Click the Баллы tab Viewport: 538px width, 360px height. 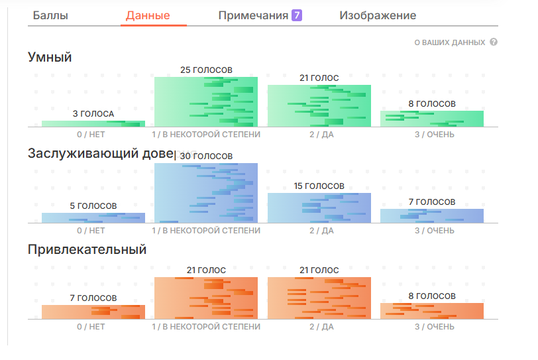click(x=50, y=15)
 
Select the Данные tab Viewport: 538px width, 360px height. click(x=148, y=15)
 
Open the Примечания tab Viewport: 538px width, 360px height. click(x=253, y=15)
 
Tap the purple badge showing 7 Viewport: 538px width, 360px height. click(x=297, y=15)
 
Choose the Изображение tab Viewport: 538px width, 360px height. click(x=378, y=15)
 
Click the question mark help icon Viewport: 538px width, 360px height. click(x=494, y=42)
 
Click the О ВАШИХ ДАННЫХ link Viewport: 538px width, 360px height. click(x=450, y=42)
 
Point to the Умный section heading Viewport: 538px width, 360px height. click(x=50, y=57)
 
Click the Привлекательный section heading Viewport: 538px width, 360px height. click(x=87, y=249)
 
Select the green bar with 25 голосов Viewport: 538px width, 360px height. click(x=206, y=102)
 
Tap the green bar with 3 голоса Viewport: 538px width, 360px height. click(x=93, y=124)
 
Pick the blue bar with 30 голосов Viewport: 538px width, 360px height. click(x=206, y=193)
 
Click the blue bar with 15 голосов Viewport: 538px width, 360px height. click(x=319, y=208)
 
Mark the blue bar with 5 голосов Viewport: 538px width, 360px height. click(x=93, y=218)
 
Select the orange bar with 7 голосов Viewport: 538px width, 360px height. click(x=93, y=312)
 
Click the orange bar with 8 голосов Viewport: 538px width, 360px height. click(x=432, y=311)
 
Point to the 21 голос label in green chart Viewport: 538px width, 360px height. click(x=319, y=78)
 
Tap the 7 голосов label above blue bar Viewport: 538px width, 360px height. click(x=432, y=202)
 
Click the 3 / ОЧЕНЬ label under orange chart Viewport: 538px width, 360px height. click(x=435, y=327)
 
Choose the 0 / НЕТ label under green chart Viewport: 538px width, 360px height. click(x=91, y=135)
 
